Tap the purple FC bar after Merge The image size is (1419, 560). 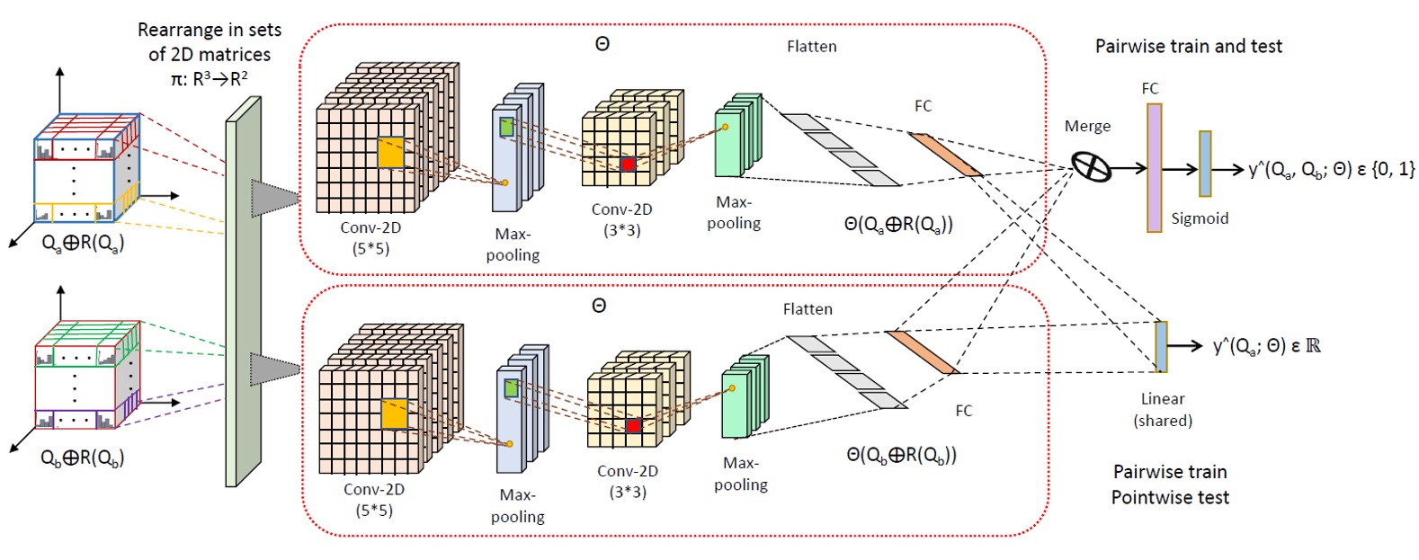tap(1154, 167)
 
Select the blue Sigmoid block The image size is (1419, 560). tap(1205, 164)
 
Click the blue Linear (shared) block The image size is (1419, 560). tap(1161, 346)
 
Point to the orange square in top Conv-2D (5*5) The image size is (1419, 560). tap(390, 153)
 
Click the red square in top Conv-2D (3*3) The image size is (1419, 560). tap(628, 164)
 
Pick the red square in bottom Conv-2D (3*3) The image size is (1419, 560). tap(633, 425)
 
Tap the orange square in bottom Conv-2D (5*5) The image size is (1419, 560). tap(394, 414)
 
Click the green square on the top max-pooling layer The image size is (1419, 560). tap(506, 127)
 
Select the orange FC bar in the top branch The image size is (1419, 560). tap(944, 155)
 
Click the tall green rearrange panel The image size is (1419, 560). tap(242, 292)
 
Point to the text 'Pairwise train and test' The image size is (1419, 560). tap(1188, 46)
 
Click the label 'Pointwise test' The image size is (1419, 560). tap(1169, 497)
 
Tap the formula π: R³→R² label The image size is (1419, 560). tap(209, 78)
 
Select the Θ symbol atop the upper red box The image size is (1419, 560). tap(602, 43)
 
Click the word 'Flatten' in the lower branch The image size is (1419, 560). tap(808, 308)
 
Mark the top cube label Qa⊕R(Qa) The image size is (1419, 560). tap(83, 243)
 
